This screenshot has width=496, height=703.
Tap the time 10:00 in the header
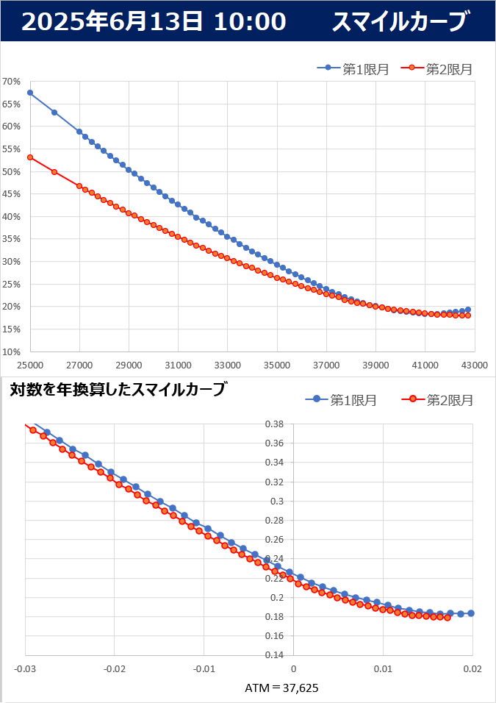coord(250,22)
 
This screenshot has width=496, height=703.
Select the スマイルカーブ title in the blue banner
coord(400,22)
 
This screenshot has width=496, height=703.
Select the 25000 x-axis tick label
coord(30,364)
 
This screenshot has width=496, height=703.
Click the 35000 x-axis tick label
coord(277,364)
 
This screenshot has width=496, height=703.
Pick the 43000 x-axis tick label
coord(475,364)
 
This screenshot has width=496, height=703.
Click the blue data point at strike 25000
coord(30,93)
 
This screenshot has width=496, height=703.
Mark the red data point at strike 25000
coord(30,157)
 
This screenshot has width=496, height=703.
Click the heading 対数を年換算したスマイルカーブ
coord(118,390)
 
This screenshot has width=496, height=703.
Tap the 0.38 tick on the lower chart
coord(274,424)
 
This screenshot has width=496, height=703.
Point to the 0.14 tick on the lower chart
coord(274,655)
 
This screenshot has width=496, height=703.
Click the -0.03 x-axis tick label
coord(26,668)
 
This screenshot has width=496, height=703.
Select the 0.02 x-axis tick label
coord(472,668)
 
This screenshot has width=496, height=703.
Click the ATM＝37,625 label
coord(281,688)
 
